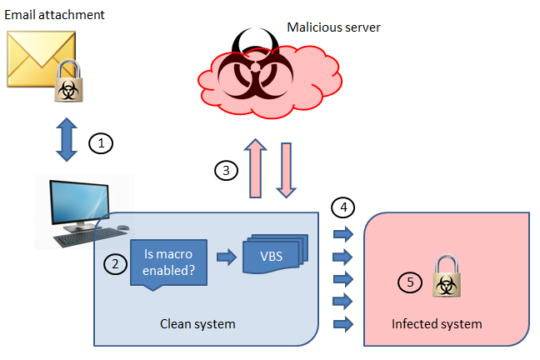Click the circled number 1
pos(101,143)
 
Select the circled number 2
pos(114,264)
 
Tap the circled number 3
pos(226,171)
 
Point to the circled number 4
pos(342,205)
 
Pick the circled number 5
pos(410,282)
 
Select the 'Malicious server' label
pos(333,27)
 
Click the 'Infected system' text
pos(436,323)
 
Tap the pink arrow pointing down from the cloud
pos(287,170)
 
